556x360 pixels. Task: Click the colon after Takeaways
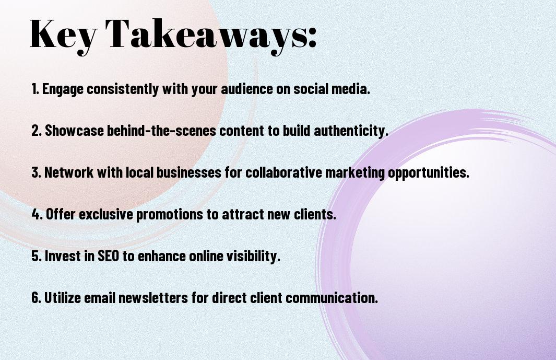tap(312, 37)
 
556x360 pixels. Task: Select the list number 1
tap(35, 89)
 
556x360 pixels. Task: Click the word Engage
tap(63, 89)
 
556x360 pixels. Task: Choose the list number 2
tap(36, 131)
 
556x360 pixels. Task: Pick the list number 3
tap(36, 172)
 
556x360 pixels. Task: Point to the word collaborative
tap(283, 172)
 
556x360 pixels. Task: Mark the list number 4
tap(37, 214)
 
